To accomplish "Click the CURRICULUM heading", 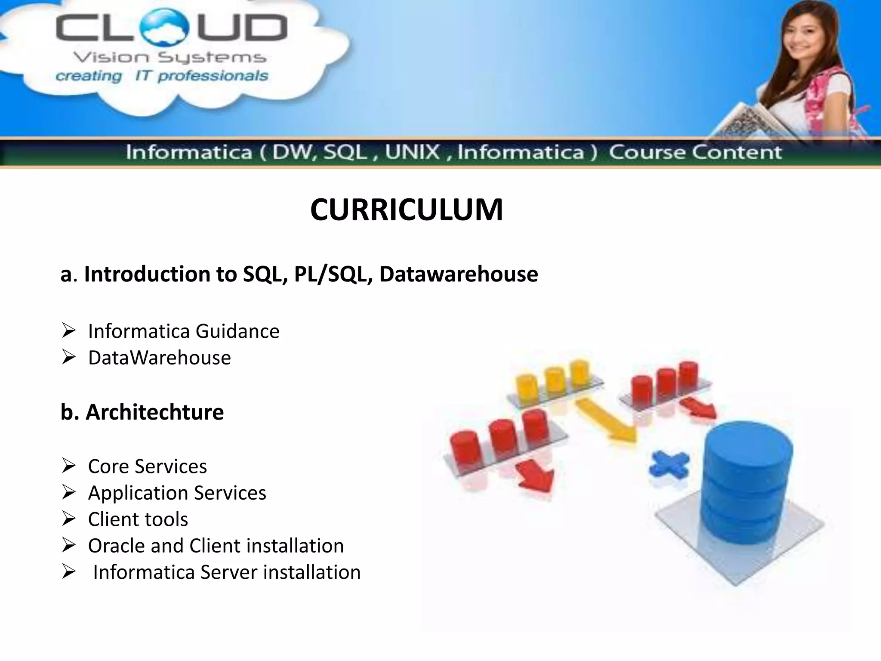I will tap(407, 210).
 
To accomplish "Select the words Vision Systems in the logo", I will tap(169, 58).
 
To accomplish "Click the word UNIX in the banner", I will tap(413, 152).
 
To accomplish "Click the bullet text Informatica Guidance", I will tap(184, 331).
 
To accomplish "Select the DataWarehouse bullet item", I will tap(159, 358).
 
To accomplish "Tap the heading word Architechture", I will tap(155, 412).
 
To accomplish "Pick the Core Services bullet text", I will tap(147, 466).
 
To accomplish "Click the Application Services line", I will tap(177, 493).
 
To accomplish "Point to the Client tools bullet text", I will tap(138, 519).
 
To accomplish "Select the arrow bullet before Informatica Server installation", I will tap(68, 572).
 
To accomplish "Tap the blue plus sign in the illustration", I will tap(669, 465).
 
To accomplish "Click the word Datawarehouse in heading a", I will tap(459, 274).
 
